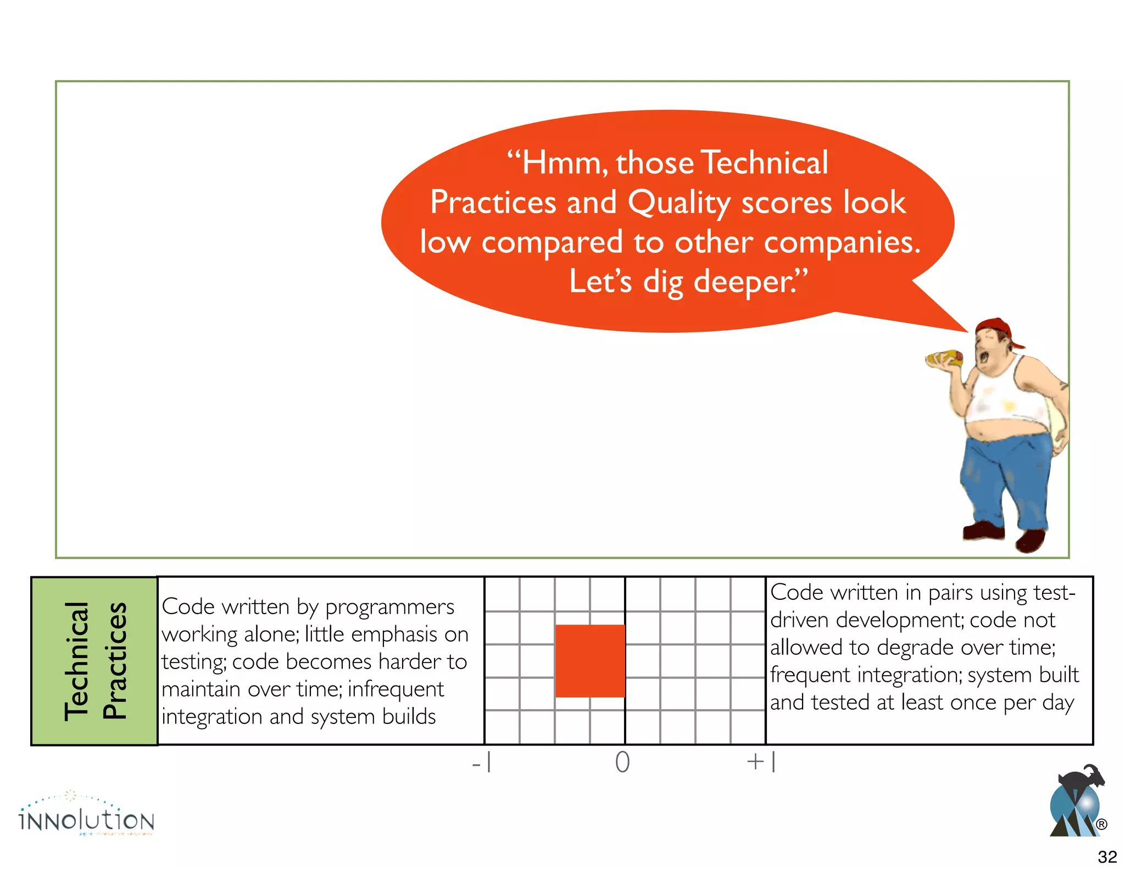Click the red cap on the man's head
(x=997, y=328)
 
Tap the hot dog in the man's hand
(x=944, y=359)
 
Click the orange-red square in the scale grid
(x=590, y=661)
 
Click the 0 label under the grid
(x=622, y=762)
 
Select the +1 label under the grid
(x=761, y=762)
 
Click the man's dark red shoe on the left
(x=983, y=531)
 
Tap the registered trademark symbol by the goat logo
(x=1101, y=825)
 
